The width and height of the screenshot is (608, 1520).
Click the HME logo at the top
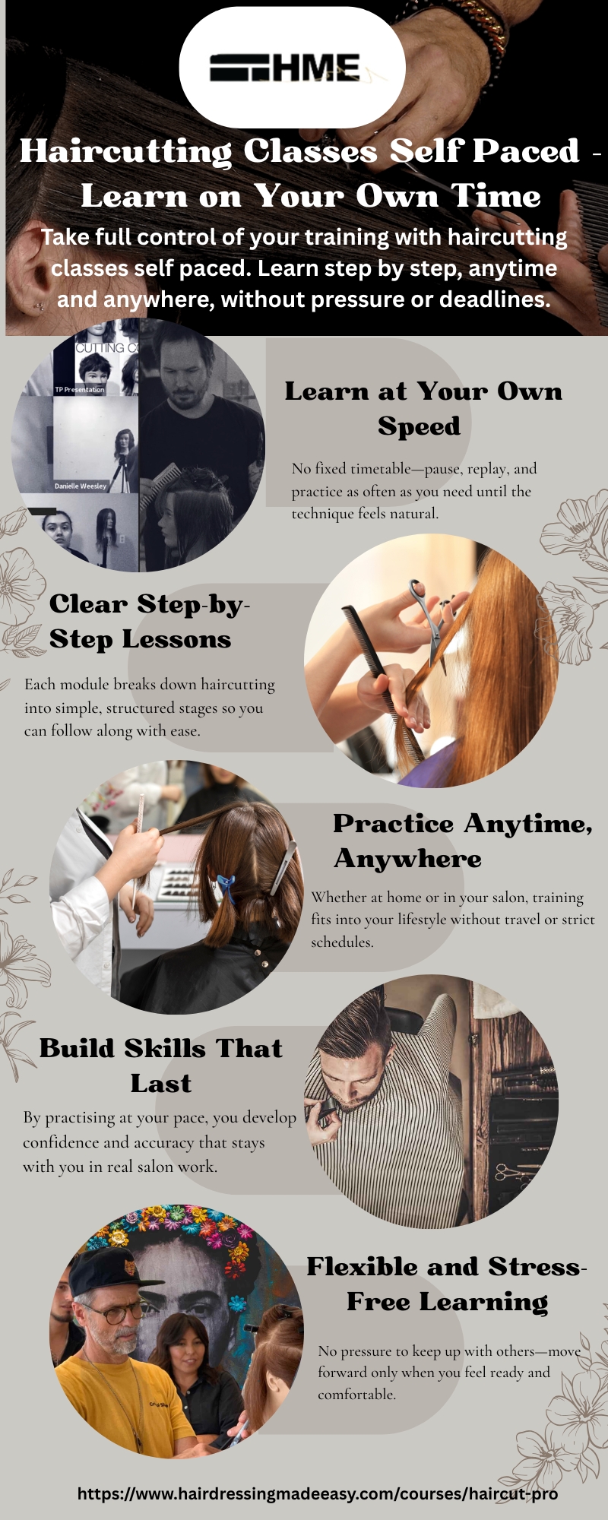point(285,68)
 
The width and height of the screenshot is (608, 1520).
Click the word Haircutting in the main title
point(126,151)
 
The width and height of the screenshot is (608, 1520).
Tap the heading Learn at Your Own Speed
point(423,409)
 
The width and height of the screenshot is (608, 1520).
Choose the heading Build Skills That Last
point(161,1066)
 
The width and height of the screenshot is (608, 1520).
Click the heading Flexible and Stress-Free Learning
point(447,1284)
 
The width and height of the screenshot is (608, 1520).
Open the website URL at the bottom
point(318,1493)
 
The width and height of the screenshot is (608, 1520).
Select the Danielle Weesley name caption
point(81,486)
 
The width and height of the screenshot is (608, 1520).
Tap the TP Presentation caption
point(80,389)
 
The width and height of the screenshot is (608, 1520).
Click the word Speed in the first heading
point(419,426)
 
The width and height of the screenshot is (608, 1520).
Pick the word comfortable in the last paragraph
point(356,1395)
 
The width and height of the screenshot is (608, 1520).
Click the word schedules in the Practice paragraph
point(342,942)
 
